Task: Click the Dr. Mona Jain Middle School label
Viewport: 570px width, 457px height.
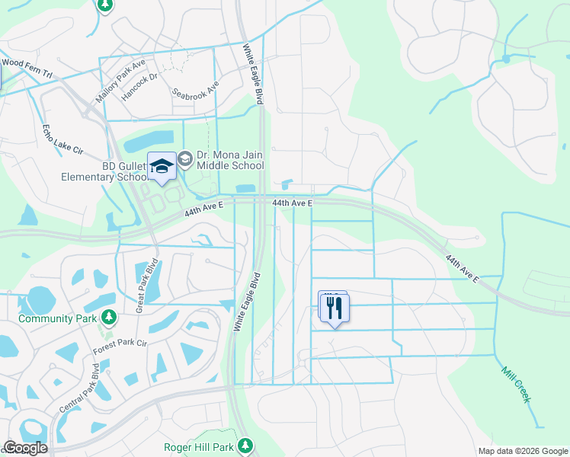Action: pos(230,160)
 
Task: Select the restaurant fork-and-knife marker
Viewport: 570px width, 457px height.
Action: pos(334,308)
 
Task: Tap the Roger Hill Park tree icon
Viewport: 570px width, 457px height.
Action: pos(245,445)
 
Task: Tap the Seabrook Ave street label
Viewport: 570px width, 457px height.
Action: pos(196,90)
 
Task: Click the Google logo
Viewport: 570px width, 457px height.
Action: pos(24,449)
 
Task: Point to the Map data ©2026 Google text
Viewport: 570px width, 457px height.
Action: pos(522,451)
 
